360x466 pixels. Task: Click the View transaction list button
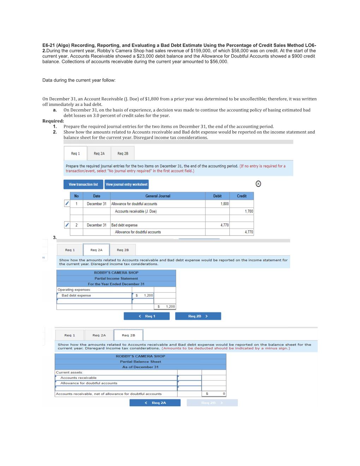[83, 184]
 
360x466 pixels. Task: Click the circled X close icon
[258, 184]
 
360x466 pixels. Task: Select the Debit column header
[217, 196]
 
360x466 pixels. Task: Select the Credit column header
[242, 196]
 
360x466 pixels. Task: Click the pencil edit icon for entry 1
[67, 203]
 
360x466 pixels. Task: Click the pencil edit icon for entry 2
[67, 225]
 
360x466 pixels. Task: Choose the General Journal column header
[158, 196]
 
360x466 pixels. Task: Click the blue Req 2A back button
[155, 403]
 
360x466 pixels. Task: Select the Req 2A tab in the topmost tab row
[99, 154]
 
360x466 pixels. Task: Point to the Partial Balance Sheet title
[140, 362]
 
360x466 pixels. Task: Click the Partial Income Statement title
[116, 278]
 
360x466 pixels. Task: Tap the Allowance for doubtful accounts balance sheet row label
[89, 383]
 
